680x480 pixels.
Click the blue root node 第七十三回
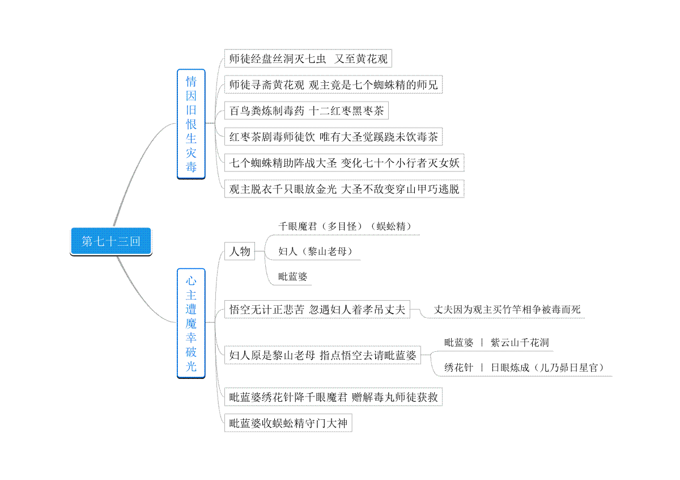click(x=111, y=241)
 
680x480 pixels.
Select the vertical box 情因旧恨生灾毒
click(x=191, y=124)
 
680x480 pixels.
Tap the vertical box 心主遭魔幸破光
click(x=191, y=323)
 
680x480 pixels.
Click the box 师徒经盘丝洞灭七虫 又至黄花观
click(x=308, y=58)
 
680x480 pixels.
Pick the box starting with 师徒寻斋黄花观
click(x=333, y=85)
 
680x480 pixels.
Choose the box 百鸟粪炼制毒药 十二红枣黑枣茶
click(x=307, y=111)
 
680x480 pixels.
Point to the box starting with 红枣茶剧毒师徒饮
click(x=333, y=137)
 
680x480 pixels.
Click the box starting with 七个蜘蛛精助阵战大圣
click(x=345, y=163)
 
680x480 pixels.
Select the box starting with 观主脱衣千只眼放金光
click(x=345, y=189)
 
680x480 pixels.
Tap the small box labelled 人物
click(x=240, y=251)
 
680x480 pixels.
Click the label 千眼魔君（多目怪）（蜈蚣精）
click(x=345, y=226)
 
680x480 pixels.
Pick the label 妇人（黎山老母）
click(x=316, y=251)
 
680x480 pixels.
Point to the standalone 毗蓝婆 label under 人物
click(x=292, y=277)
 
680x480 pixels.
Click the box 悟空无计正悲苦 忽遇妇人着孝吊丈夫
click(x=317, y=309)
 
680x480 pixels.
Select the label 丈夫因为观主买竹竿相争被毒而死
click(x=507, y=310)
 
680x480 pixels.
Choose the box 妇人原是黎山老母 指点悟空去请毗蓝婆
click(x=322, y=355)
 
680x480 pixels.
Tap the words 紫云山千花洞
click(x=520, y=343)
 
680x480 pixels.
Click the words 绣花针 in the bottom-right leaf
click(x=458, y=368)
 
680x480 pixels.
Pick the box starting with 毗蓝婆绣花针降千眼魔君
click(x=333, y=397)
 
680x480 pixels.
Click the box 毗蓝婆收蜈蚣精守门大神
click(x=288, y=423)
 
